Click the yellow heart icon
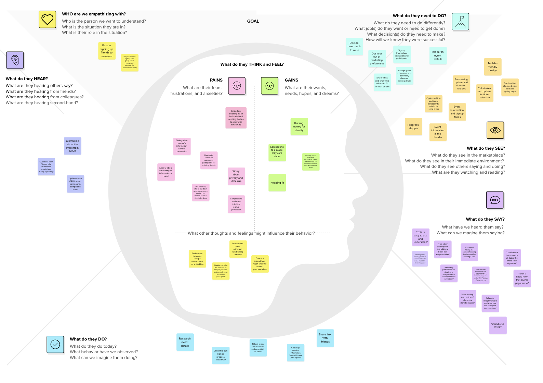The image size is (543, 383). (x=47, y=19)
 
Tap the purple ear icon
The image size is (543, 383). (x=15, y=60)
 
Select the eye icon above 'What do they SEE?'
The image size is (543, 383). (x=495, y=130)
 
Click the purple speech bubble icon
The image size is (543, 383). (x=495, y=200)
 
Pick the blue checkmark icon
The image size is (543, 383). (x=55, y=344)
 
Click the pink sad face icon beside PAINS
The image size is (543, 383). (x=237, y=86)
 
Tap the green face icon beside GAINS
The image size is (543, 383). (x=269, y=86)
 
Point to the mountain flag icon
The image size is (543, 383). (x=460, y=22)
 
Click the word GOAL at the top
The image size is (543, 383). (x=253, y=21)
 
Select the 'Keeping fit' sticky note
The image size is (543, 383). (x=277, y=183)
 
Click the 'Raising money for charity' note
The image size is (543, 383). (x=299, y=127)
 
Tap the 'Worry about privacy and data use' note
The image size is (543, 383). (x=236, y=176)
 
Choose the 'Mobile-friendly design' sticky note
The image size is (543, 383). (x=492, y=67)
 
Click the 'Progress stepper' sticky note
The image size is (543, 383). (x=413, y=127)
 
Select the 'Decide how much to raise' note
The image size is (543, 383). (x=354, y=47)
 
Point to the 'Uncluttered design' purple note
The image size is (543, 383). (x=498, y=325)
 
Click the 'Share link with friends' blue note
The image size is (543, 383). (x=325, y=338)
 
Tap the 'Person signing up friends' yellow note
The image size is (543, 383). (x=107, y=51)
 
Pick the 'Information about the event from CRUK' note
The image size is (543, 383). (x=72, y=146)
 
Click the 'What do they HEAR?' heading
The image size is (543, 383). (x=27, y=79)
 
